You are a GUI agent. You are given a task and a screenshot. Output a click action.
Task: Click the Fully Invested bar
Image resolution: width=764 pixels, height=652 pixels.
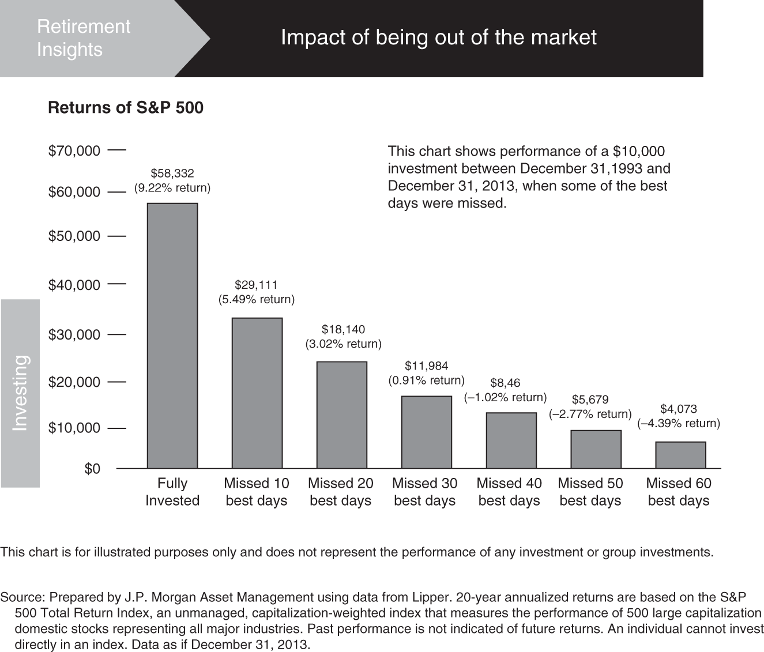(172, 336)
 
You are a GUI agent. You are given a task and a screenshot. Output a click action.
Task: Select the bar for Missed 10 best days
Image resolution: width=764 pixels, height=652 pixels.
(257, 393)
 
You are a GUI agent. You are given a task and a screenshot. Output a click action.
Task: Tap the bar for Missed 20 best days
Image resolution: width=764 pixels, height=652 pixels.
(341, 415)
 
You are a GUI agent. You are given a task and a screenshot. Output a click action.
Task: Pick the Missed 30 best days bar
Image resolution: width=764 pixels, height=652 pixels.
(426, 432)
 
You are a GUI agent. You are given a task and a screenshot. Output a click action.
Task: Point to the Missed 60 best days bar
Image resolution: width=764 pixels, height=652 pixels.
(680, 455)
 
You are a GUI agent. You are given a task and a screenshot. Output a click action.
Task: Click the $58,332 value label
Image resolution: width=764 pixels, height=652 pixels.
(172, 173)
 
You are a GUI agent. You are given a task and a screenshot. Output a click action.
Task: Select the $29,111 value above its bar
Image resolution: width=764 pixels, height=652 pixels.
(256, 285)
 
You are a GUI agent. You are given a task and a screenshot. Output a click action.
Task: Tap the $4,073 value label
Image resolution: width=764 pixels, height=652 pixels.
(679, 409)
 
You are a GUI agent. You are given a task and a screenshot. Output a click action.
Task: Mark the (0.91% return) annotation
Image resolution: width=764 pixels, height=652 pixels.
(426, 380)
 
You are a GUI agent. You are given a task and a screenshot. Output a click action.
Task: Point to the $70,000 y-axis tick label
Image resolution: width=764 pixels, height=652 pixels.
(74, 151)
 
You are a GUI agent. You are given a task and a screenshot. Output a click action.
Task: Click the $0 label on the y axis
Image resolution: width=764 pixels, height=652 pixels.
(92, 469)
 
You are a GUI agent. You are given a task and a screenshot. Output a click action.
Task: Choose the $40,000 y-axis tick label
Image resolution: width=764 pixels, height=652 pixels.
(74, 285)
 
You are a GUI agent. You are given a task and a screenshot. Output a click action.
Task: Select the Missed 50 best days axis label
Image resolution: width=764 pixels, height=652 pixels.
(590, 492)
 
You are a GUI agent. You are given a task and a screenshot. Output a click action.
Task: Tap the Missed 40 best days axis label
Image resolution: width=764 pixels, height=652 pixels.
(509, 492)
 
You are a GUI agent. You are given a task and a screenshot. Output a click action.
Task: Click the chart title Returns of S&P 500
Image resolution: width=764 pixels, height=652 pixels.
(126, 108)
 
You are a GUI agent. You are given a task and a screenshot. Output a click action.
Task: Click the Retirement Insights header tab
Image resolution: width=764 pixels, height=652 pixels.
(84, 38)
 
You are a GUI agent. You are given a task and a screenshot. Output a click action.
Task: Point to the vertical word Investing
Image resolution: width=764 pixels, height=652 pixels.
(20, 393)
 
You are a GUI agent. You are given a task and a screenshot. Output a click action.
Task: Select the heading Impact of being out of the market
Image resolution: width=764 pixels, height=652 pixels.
(438, 37)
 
